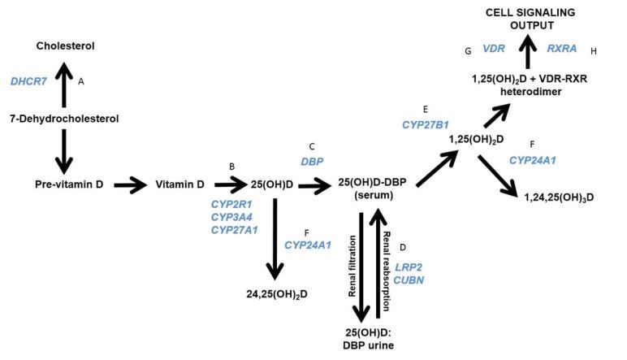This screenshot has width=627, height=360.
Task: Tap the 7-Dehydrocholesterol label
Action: coord(63,119)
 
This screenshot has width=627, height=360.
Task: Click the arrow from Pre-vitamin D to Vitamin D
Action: coord(130,185)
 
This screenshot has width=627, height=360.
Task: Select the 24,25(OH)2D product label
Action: coord(278,291)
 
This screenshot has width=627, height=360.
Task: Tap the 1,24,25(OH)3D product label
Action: coord(558,197)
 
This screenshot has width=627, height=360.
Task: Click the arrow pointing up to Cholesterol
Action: coord(63,81)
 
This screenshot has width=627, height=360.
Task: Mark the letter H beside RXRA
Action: coord(594,50)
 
